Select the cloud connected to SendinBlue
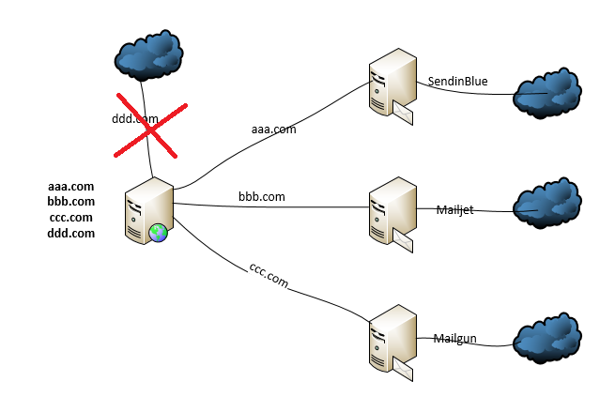tap(547, 94)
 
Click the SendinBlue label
tap(458, 83)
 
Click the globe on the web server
tap(158, 232)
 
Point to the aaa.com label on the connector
tap(273, 130)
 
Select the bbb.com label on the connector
tap(262, 197)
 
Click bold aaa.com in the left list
tap(71, 187)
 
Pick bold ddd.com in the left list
tap(71, 233)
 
